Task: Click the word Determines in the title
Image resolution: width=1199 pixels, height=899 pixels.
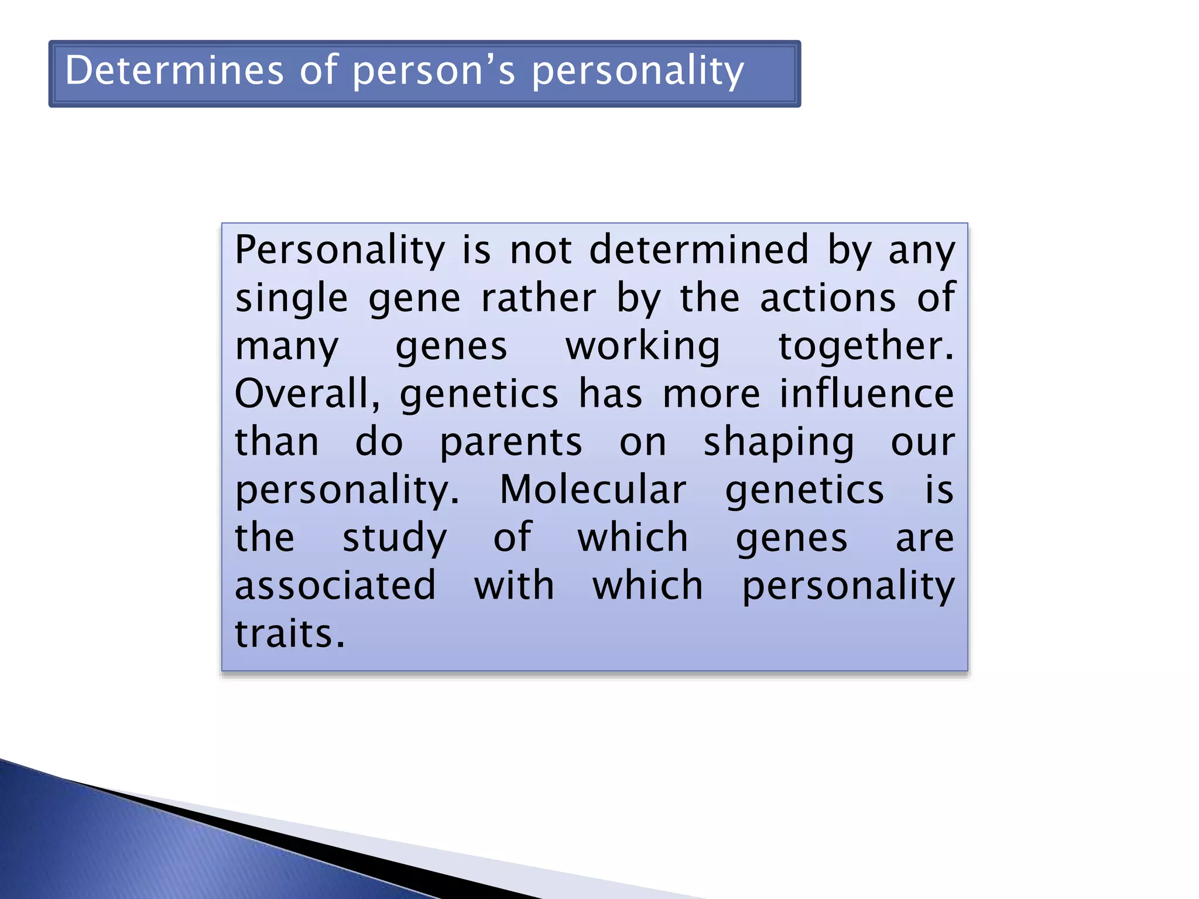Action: (x=174, y=70)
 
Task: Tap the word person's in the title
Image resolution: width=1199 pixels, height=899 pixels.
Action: (x=434, y=71)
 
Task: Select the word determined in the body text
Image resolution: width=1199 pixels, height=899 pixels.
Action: (x=699, y=250)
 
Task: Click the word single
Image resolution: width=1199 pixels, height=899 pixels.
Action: (x=292, y=299)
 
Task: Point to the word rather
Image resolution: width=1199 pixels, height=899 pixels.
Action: (x=538, y=298)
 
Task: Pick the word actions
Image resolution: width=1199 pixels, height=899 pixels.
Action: (x=828, y=298)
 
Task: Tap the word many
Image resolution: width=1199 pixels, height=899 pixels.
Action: (x=287, y=347)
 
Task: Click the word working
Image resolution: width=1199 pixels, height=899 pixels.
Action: (x=642, y=347)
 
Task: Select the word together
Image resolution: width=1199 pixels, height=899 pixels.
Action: (x=865, y=347)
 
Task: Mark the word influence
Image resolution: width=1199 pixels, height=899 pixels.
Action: (x=866, y=394)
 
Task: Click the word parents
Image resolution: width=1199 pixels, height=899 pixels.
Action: (x=511, y=443)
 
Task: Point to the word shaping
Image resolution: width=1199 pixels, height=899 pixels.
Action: (x=778, y=443)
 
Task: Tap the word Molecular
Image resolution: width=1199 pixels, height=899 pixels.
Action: (x=592, y=490)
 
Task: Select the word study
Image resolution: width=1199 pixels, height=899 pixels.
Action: (x=395, y=538)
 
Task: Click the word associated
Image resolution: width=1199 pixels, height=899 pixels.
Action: (x=335, y=586)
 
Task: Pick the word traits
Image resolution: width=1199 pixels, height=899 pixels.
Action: (x=290, y=634)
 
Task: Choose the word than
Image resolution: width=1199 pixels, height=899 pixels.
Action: (x=277, y=442)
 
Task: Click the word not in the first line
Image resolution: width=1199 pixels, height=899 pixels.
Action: (x=540, y=250)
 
